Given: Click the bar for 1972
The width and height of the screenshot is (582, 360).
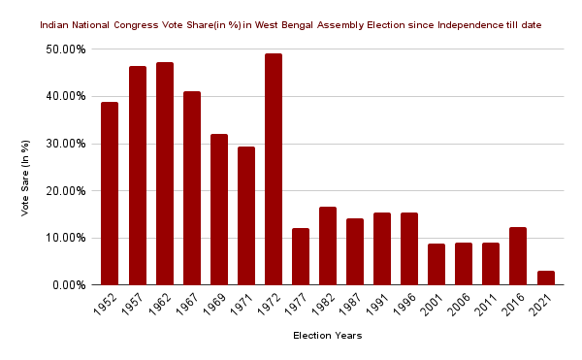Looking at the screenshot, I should tap(274, 169).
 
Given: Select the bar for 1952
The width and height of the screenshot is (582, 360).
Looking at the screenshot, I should tap(110, 193).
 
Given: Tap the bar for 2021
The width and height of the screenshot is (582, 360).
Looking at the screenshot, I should tap(545, 278).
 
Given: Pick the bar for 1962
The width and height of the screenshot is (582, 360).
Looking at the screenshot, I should tap(165, 174).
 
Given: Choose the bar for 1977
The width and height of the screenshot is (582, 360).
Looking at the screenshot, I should tap(301, 256).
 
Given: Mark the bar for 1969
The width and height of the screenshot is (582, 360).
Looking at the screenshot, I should tap(219, 210).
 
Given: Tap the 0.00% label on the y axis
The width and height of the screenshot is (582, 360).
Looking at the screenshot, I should tap(70, 285).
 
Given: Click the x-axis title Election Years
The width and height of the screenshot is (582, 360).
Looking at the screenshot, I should tap(328, 337).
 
